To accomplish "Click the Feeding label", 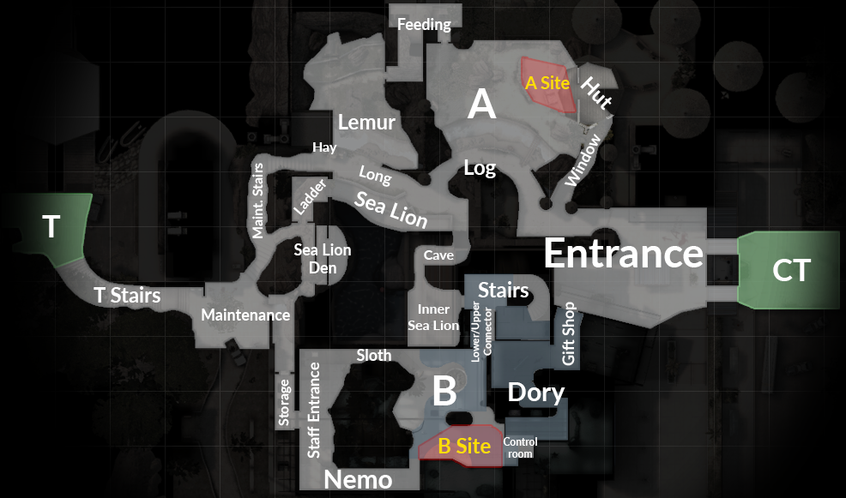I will pos(424,25).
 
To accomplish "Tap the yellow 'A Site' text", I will pos(547,83).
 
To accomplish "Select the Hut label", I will pos(596,94).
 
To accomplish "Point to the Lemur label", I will pos(366,123).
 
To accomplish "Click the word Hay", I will pos(324,147).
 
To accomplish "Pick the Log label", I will pos(480,168).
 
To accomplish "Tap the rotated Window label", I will pos(584,159).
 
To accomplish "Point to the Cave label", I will pos(438,255).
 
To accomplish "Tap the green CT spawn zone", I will pos(790,269).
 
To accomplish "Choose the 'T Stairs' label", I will pos(127,297).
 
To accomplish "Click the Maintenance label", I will pos(245,315).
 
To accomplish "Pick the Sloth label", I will pos(373,355).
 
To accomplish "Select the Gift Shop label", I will pos(568,333).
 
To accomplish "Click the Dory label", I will pos(536,393).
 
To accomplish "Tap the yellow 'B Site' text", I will pos(464,447).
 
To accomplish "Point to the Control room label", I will pos(520,448).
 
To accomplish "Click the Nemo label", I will pos(358,479).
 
